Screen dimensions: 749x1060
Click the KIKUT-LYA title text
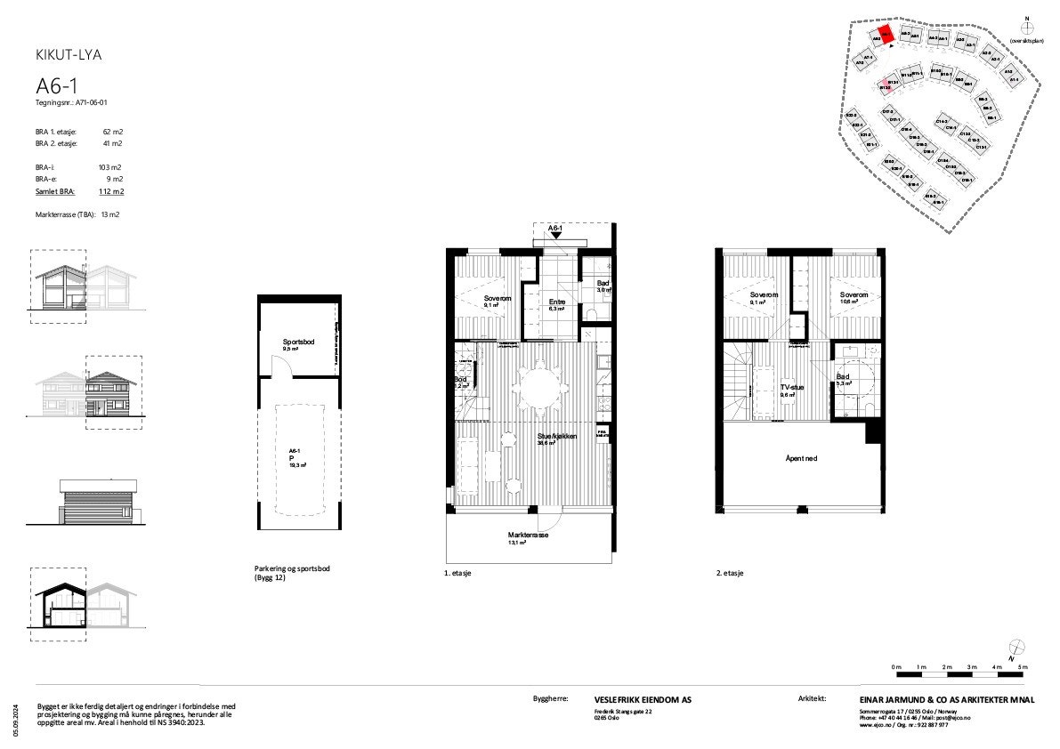(68, 55)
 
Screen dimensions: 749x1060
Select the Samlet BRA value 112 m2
(111, 191)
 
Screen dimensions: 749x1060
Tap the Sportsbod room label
(298, 342)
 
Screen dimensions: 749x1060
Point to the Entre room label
(557, 302)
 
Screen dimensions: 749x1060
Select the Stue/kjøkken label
(557, 437)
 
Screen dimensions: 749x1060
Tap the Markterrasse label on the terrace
(529, 536)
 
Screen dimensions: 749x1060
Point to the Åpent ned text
(801, 459)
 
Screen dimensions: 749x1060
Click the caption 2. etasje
(731, 574)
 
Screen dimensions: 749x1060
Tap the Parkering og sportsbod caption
(286, 569)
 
